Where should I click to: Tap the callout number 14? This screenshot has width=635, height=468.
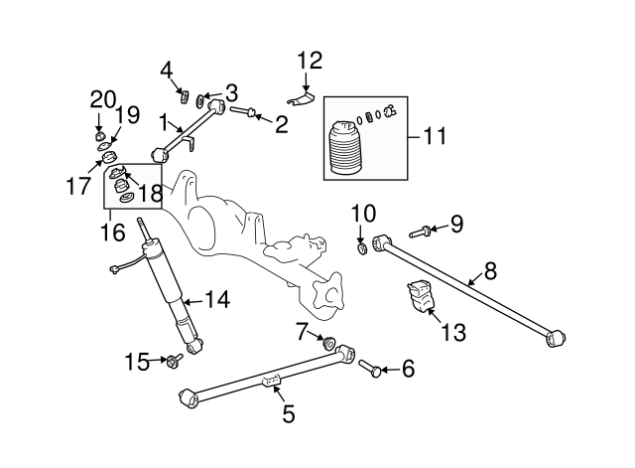216,297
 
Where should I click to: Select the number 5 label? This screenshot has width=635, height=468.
289,414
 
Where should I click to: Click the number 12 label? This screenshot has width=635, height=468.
310,60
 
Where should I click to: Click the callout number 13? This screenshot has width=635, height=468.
452,333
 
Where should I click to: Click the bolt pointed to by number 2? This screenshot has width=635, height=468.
244,111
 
